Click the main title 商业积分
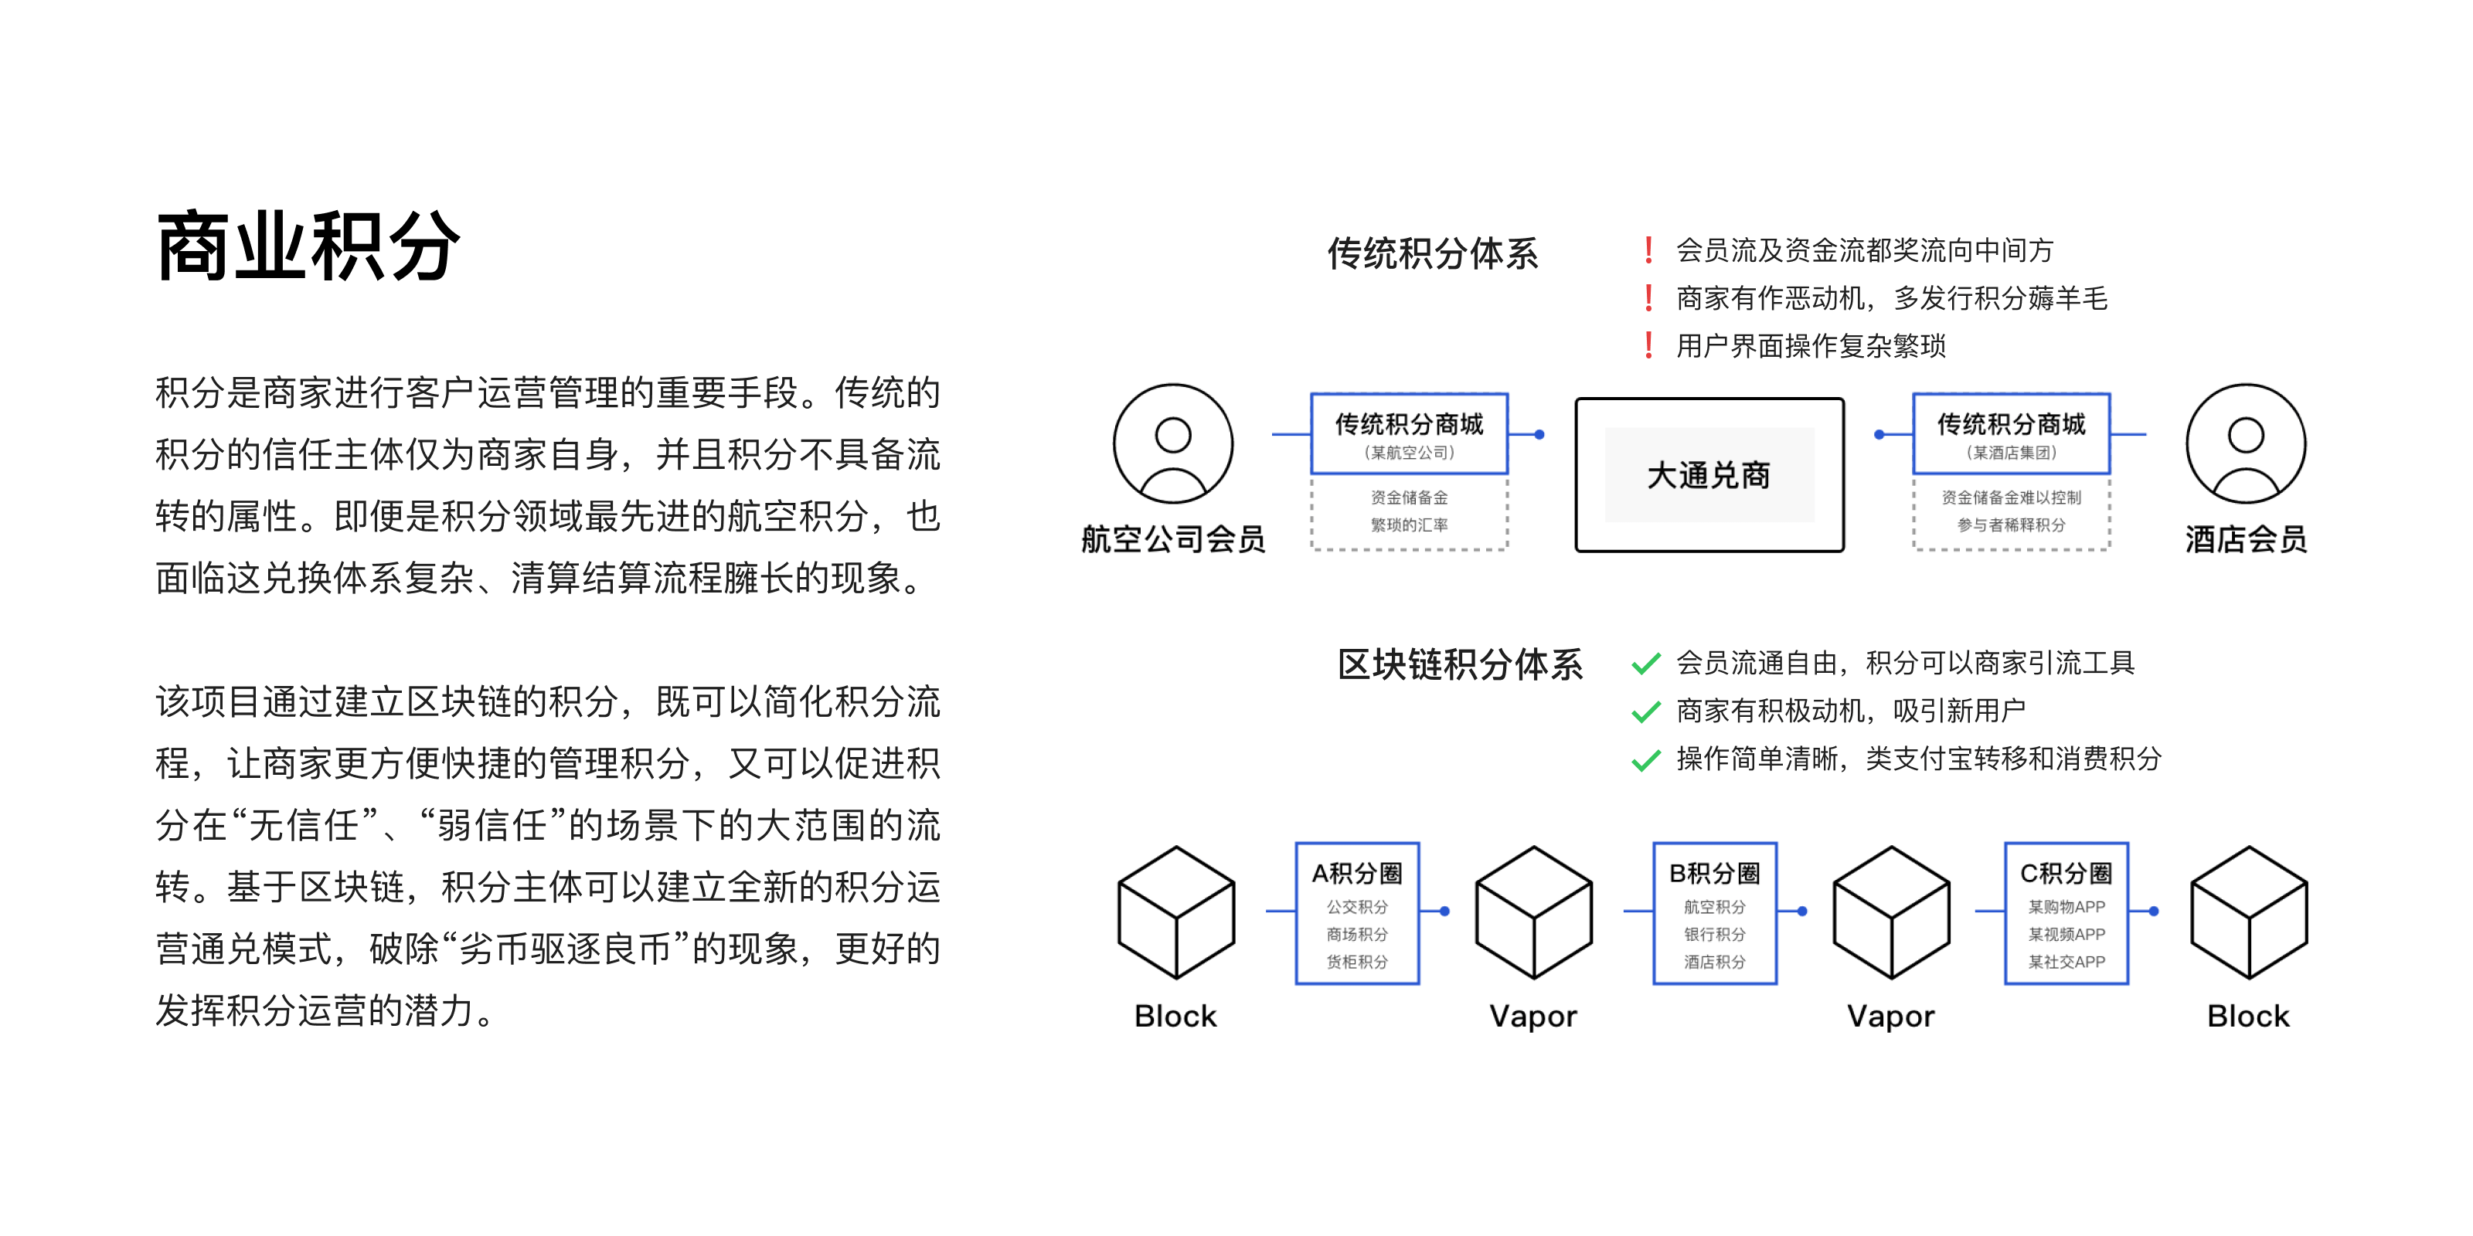coord(308,246)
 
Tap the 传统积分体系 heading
coord(1432,253)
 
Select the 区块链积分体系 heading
coord(1460,664)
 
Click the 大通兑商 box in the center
coord(1709,475)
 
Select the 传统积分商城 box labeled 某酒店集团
coord(2011,433)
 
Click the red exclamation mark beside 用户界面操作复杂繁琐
coord(1648,345)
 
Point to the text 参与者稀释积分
coord(2011,525)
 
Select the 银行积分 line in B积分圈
coord(1715,934)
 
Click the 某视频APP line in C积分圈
coord(2066,934)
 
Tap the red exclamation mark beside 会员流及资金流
coord(1648,250)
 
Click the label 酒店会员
coord(2246,539)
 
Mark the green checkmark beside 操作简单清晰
coord(1646,760)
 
